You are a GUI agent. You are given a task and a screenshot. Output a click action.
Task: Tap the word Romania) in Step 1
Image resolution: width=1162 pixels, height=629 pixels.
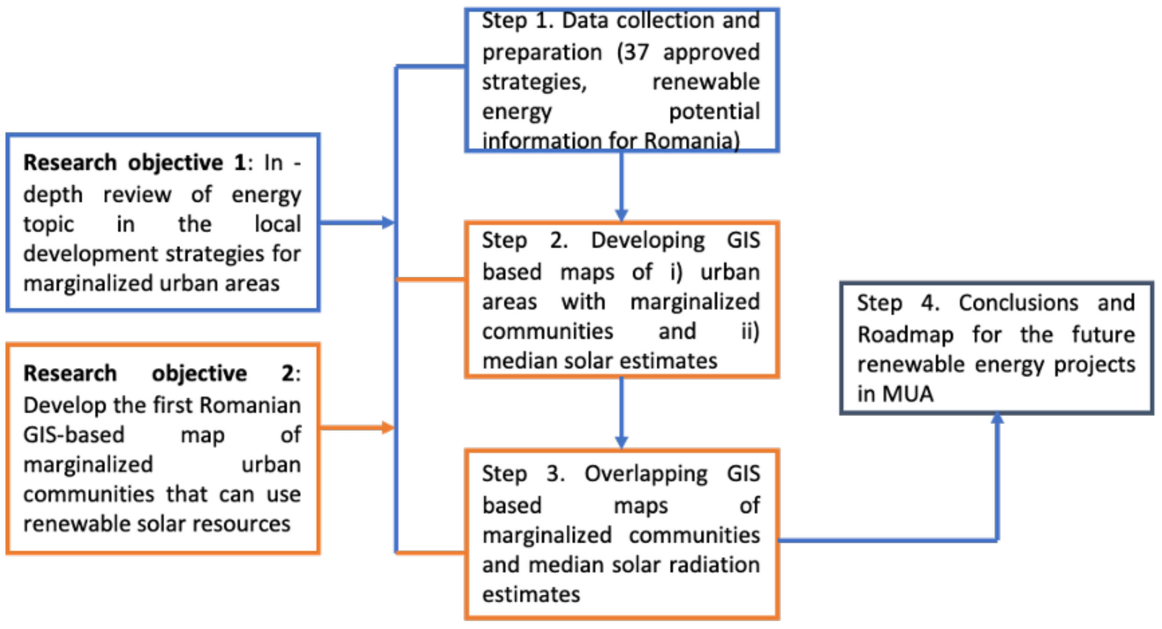coord(692,141)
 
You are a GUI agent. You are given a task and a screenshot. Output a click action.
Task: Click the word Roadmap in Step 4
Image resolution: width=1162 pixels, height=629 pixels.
coord(905,335)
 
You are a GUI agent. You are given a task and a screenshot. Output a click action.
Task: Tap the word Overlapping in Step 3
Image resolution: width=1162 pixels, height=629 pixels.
coord(646,474)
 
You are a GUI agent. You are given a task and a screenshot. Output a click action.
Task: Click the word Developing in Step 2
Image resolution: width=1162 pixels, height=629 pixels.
coord(648,240)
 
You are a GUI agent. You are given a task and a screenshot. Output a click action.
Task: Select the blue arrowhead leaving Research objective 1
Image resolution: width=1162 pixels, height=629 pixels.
coord(388,223)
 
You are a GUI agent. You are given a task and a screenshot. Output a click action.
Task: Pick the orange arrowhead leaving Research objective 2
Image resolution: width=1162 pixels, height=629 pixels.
coord(388,427)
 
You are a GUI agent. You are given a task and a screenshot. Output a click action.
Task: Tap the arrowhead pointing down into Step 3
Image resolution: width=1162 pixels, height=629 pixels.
coord(621,442)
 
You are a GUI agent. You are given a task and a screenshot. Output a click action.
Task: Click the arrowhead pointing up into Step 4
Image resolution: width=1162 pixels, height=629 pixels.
coord(997,418)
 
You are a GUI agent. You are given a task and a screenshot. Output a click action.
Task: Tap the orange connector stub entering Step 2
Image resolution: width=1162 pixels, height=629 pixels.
coord(431,280)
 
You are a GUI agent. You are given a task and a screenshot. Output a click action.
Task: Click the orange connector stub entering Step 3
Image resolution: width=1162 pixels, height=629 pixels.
coord(431,552)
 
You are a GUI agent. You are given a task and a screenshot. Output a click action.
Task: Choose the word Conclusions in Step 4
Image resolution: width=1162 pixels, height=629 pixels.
coord(1018,303)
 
